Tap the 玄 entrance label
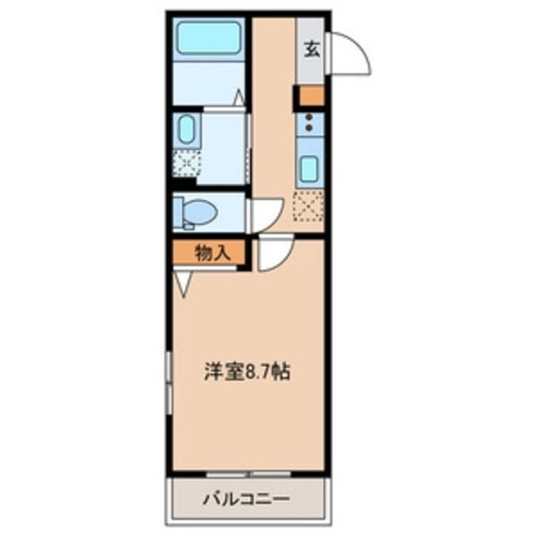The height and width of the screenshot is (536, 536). pyautogui.click(x=311, y=49)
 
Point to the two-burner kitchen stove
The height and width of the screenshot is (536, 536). pyautogui.click(x=310, y=122)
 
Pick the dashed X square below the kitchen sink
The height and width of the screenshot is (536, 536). pyautogui.click(x=309, y=206)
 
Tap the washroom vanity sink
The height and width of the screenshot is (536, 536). pyautogui.click(x=185, y=130)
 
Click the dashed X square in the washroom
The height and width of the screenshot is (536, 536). pyautogui.click(x=187, y=163)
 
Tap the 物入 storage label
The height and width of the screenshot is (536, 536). pyautogui.click(x=211, y=252)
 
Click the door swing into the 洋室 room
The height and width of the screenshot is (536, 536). pyautogui.click(x=272, y=256)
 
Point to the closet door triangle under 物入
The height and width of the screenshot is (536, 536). pyautogui.click(x=184, y=284)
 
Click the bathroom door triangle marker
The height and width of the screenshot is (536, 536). pyautogui.click(x=239, y=98)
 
